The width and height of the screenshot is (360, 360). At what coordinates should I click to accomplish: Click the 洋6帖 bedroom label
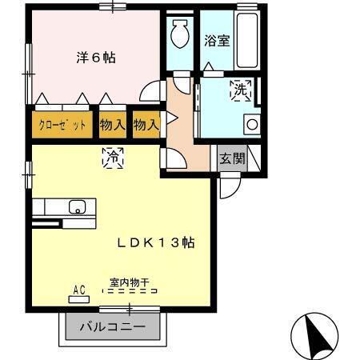[95, 58]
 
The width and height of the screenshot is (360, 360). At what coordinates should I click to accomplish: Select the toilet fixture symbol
[179, 34]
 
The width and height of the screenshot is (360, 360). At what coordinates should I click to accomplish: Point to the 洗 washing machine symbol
[240, 90]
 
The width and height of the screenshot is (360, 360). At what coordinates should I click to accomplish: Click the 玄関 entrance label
[233, 158]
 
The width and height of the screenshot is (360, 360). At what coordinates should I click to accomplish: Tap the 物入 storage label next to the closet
[112, 125]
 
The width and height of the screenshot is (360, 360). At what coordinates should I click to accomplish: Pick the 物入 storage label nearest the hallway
[146, 125]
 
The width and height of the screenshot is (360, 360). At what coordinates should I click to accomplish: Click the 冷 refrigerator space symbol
[113, 158]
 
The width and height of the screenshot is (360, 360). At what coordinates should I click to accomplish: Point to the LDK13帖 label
[158, 242]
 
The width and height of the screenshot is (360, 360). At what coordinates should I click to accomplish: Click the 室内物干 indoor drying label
[132, 282]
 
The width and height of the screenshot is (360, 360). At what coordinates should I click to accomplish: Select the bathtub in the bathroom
[247, 40]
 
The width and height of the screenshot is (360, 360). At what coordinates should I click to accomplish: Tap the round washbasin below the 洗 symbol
[251, 125]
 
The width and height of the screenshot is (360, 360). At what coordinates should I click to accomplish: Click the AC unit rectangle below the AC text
[79, 298]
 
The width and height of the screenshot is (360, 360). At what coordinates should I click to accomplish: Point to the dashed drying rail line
[132, 292]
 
